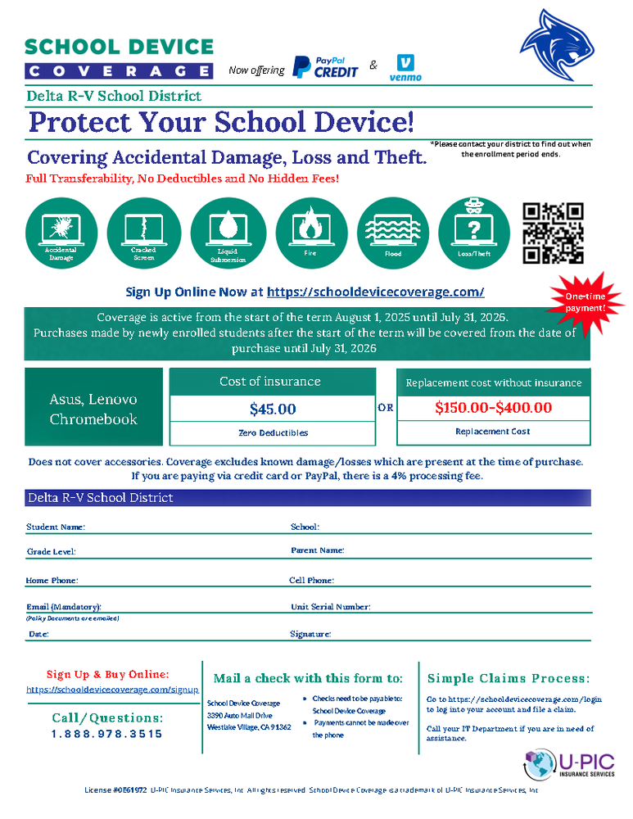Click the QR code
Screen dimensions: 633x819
click(553, 233)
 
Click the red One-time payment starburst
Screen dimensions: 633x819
click(586, 302)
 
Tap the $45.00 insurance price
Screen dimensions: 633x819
click(273, 408)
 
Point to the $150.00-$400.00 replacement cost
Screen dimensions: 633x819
click(493, 407)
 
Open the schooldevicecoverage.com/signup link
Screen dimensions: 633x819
click(112, 690)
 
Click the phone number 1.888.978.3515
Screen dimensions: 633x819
click(106, 734)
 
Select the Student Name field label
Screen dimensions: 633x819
click(56, 527)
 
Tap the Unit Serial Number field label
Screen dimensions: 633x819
click(331, 607)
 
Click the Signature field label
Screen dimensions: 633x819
click(310, 634)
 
